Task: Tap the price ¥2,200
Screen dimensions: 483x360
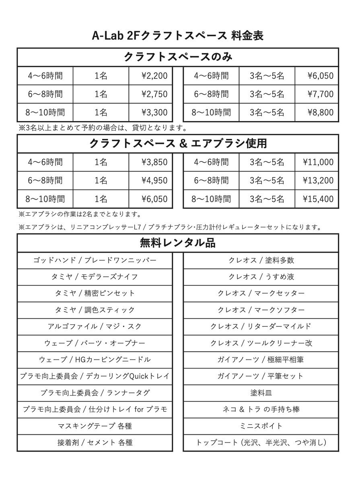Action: [154, 76]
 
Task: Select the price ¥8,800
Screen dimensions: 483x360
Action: [321, 112]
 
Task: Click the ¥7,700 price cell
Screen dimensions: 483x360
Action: [321, 94]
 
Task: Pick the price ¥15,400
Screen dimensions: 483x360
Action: [318, 199]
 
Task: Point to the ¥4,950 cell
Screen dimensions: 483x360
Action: [154, 181]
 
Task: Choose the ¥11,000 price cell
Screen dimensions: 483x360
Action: [318, 162]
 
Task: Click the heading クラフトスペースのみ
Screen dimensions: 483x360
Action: [177, 56]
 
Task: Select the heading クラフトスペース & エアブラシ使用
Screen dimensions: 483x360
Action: [177, 143]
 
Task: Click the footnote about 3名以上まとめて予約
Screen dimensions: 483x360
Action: [102, 128]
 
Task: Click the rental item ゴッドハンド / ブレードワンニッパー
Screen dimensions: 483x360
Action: [95, 260]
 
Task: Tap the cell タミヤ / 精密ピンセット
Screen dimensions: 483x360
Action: [95, 293]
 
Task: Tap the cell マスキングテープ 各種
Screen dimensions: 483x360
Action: [95, 426]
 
